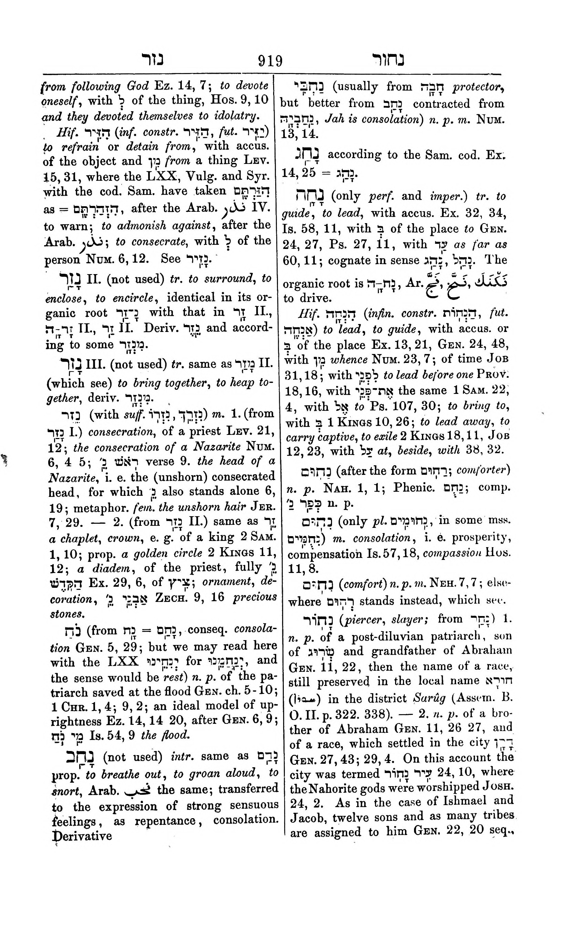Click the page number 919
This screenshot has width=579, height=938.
[x=270, y=61]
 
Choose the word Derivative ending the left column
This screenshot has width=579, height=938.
[x=82, y=835]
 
